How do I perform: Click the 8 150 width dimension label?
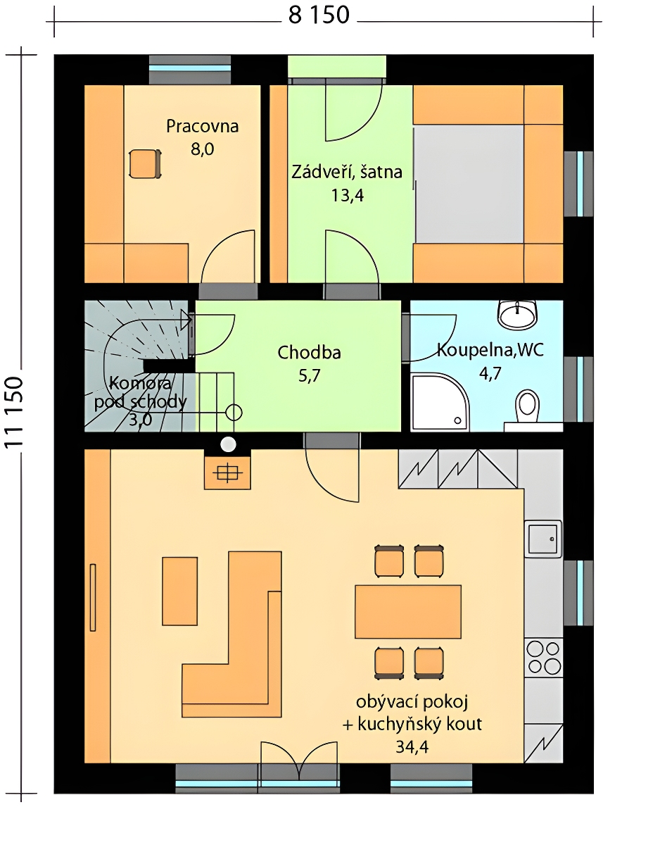tap(319, 16)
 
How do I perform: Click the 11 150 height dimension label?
tap(14, 413)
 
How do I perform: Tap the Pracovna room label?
tap(203, 126)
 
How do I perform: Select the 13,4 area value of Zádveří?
tap(348, 195)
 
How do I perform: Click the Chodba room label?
tap(309, 352)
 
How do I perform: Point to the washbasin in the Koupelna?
tap(517, 314)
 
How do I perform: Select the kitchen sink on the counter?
tap(543, 539)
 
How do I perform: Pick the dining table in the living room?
tap(408, 612)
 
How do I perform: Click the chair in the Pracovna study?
tap(145, 164)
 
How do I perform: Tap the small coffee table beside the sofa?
tap(179, 591)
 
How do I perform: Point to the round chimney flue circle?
tap(228, 444)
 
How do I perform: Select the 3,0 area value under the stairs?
tap(140, 420)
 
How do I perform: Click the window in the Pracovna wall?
tap(190, 69)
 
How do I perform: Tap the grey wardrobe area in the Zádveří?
tap(469, 184)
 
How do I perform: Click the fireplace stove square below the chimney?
tap(228, 473)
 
